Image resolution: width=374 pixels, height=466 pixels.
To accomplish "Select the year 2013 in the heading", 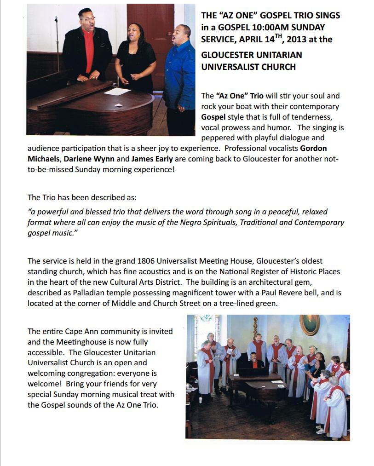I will pyautogui.click(x=295, y=40).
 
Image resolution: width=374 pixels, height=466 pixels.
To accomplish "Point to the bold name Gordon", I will pyautogui.click(x=313, y=148).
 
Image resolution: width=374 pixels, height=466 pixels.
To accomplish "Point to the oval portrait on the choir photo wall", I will pyautogui.click(x=310, y=324).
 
